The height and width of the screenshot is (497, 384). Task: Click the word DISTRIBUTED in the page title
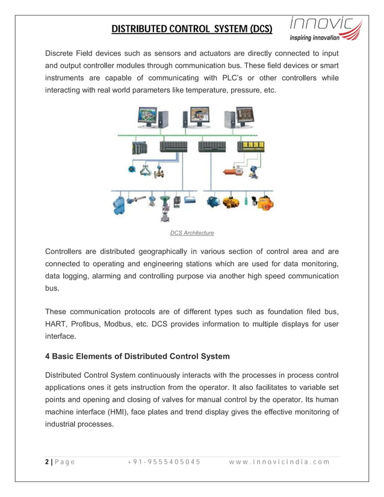(142, 28)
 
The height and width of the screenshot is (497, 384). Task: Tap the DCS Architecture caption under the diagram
(191, 233)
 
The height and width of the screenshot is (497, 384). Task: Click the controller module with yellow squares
(250, 147)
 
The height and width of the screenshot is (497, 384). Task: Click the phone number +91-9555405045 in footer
(164, 462)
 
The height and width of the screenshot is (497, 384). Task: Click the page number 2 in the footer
(47, 462)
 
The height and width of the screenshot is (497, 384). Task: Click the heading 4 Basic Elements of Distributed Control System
(137, 356)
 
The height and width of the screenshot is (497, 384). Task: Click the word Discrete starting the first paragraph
(63, 53)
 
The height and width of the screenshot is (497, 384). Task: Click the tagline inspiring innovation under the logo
(314, 37)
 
